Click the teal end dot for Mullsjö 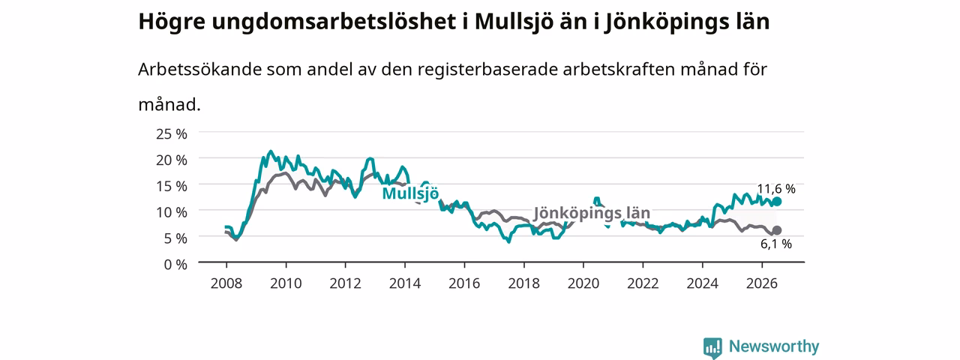point(776,202)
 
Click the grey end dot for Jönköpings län point(776,230)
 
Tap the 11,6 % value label point(776,188)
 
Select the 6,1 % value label point(776,244)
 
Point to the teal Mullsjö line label point(410,193)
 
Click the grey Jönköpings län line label point(592,212)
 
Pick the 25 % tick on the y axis point(172,133)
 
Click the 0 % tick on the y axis point(175,265)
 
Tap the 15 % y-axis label point(172,186)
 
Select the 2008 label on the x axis point(226,283)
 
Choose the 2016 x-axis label point(464,283)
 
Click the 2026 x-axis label point(761,283)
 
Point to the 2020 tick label point(583,283)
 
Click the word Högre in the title point(172,22)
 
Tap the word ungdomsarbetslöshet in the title point(334,22)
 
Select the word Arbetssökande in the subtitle point(199,69)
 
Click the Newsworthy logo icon point(712,347)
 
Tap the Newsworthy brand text point(774,346)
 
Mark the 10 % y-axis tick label point(172,212)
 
